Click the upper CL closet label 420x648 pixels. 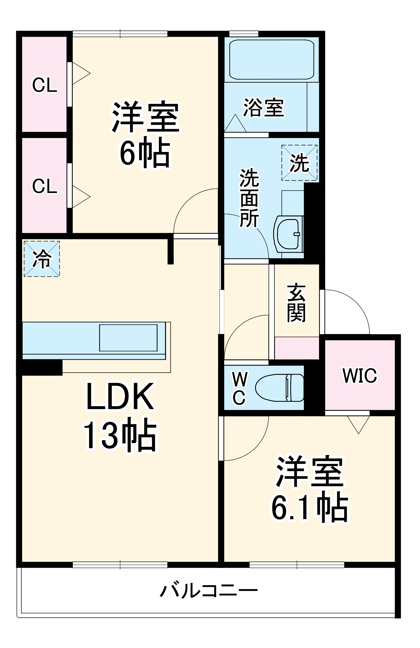click(45, 85)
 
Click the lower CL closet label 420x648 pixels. click(45, 186)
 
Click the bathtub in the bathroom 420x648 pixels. click(271, 60)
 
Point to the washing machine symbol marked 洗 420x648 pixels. click(299, 163)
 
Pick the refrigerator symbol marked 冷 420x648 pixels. click(42, 259)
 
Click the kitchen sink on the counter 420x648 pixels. click(128, 338)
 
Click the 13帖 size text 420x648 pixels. click(120, 435)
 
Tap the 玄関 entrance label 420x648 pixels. click(296, 303)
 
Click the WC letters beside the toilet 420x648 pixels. click(239, 388)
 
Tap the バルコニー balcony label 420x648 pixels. click(209, 590)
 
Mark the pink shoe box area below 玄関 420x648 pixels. click(297, 348)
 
